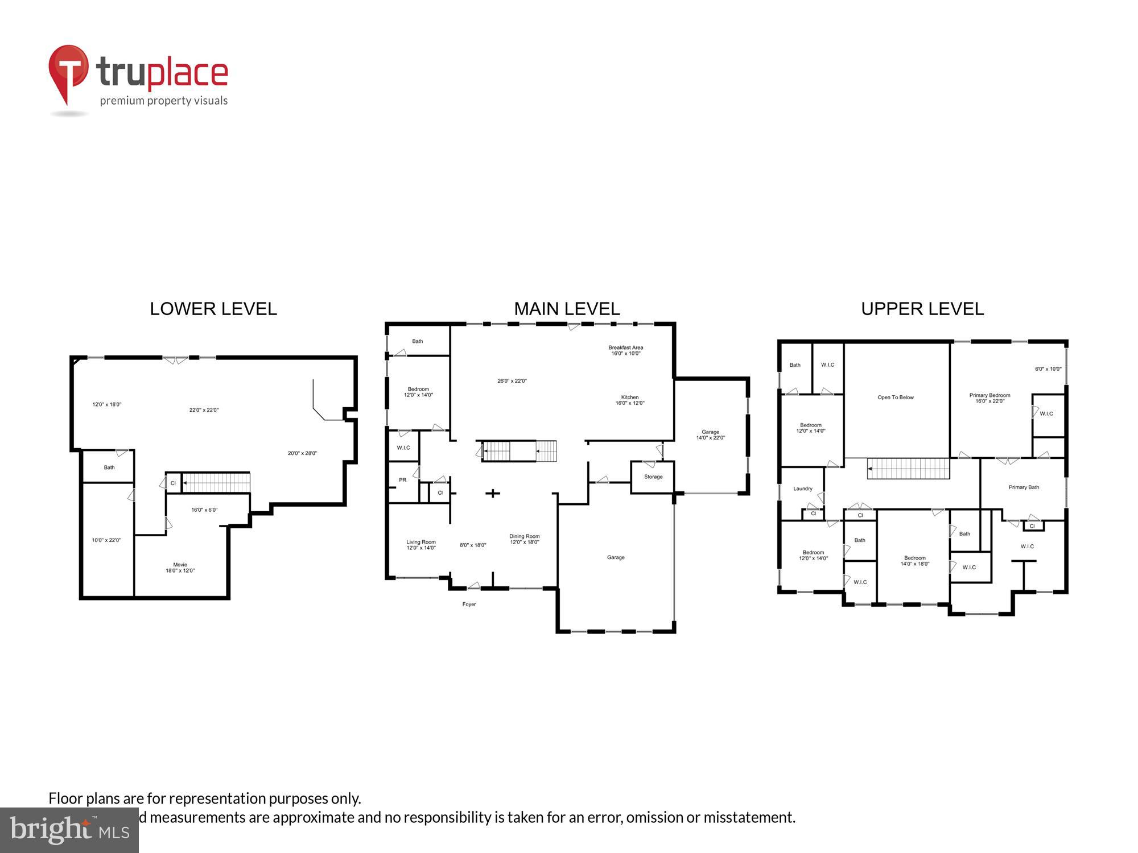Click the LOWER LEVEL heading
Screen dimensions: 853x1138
pyautogui.click(x=213, y=309)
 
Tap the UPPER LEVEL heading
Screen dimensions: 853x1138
pyautogui.click(x=922, y=309)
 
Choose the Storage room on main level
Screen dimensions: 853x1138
pyautogui.click(x=653, y=477)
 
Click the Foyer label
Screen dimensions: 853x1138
pyautogui.click(x=469, y=604)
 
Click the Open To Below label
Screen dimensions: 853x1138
pyautogui.click(x=895, y=397)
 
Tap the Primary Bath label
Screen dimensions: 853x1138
pyautogui.click(x=1023, y=487)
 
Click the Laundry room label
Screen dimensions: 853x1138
pyautogui.click(x=802, y=488)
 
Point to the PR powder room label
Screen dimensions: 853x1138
pyautogui.click(x=402, y=480)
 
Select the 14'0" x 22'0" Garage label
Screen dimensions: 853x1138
pyautogui.click(x=710, y=435)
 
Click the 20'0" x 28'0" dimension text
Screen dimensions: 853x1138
pyautogui.click(x=302, y=453)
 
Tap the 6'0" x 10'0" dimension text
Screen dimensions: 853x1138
pyautogui.click(x=1048, y=369)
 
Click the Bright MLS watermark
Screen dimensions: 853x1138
pyautogui.click(x=69, y=830)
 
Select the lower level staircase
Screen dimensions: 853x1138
pyautogui.click(x=216, y=483)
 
